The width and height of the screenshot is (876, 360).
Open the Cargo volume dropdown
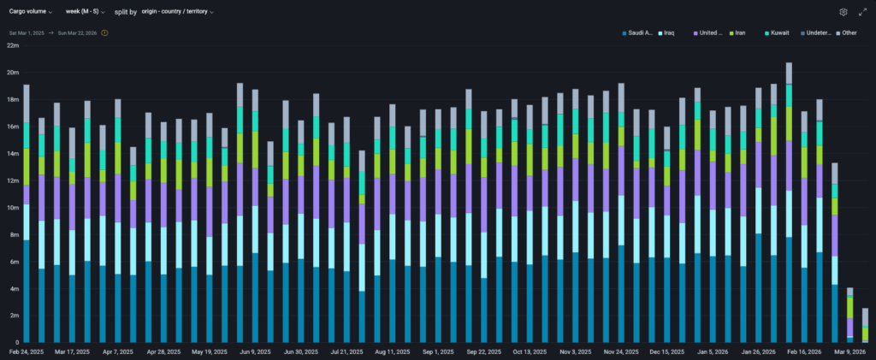pos(30,12)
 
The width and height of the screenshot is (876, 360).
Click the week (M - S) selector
pos(85,12)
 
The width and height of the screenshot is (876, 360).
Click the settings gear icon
pos(843,12)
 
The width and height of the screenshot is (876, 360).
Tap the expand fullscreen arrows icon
pos(862,12)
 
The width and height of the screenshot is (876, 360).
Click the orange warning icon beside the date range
pos(104,32)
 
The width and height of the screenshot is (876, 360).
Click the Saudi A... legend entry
pos(638,32)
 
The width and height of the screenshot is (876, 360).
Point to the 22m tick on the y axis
pos(12,45)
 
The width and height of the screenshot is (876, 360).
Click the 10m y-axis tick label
pos(12,208)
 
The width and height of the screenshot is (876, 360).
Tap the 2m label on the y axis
pos(12,316)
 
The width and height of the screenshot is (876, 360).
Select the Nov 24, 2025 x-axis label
pos(620,351)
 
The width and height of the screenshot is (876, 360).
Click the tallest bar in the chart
pos(789,205)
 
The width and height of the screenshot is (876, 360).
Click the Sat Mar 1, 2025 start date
pos(27,32)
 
